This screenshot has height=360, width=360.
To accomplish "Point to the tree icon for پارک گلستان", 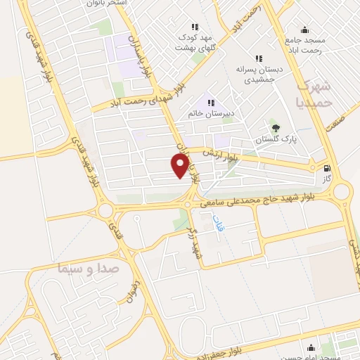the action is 275,128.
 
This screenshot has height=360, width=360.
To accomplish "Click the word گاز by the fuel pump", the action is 326,179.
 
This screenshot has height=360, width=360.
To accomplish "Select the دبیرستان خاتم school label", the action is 211,113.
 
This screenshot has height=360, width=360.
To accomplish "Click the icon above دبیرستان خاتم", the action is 210,101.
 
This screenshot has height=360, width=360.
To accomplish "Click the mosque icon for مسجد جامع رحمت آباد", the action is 304,30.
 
